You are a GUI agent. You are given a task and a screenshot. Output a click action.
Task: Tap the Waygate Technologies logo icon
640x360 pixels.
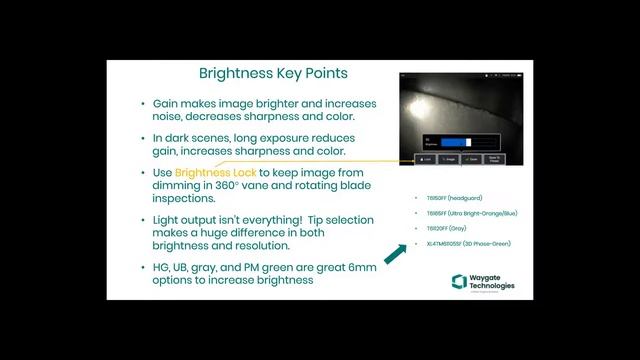pos(459,281)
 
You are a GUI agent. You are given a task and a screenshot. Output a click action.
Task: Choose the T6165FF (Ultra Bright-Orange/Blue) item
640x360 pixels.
pos(472,213)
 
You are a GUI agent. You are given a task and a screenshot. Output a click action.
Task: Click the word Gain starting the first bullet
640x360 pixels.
pos(165,104)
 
